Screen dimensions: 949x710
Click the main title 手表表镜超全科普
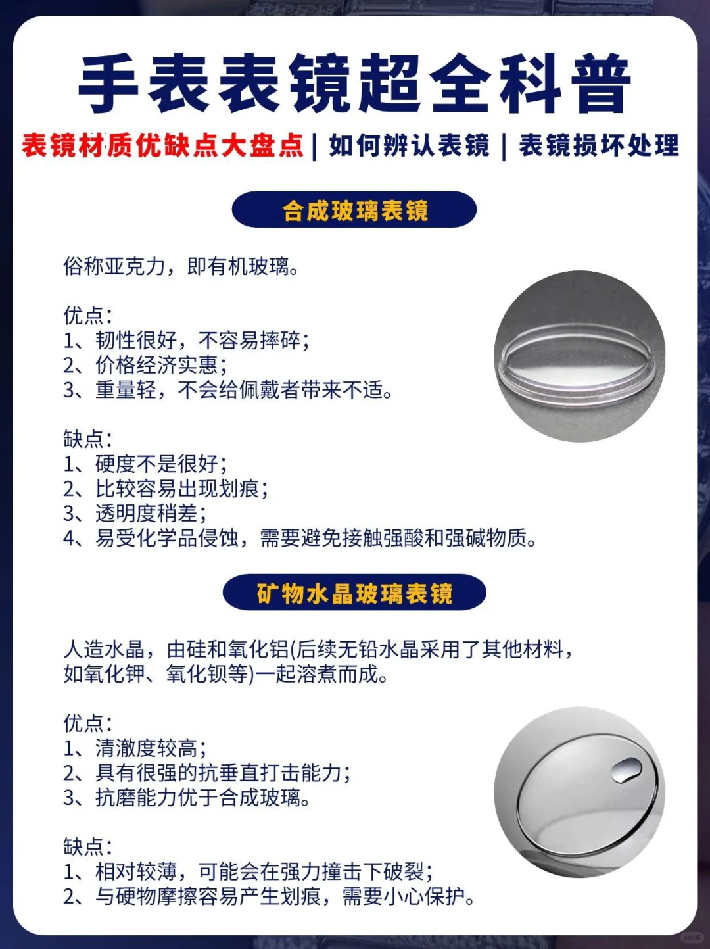354,84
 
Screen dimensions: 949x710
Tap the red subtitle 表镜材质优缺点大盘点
162,145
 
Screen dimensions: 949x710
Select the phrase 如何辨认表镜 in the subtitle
409,145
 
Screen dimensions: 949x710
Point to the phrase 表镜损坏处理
598,145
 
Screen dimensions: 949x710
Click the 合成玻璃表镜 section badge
354,210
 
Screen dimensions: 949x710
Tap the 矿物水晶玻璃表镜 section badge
354,593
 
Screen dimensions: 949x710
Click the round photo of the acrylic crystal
579,356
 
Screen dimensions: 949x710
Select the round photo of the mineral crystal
579,792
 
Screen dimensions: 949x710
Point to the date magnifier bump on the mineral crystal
627,769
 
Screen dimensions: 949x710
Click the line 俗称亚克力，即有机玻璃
181,266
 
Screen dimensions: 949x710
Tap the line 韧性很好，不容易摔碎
201,340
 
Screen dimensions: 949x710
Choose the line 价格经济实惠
160,365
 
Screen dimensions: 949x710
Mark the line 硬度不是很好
160,464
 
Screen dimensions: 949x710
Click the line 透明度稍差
150,513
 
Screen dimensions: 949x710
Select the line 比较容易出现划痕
181,489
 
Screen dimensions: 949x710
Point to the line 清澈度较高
150,748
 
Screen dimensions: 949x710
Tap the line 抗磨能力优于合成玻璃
201,798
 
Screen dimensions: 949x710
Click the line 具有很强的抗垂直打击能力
222,773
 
